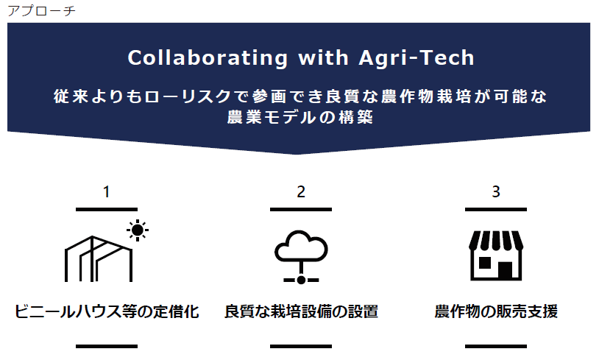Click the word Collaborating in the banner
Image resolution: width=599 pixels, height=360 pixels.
208,58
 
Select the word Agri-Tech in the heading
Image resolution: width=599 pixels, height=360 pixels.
417,58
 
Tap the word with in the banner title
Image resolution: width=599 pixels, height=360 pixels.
323,57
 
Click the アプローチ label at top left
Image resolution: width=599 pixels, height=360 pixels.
42,11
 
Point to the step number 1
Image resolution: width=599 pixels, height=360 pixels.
107,192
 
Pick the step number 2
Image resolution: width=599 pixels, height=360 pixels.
301,192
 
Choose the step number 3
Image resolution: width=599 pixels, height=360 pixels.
496,192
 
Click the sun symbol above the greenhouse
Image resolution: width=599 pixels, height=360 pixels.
138,230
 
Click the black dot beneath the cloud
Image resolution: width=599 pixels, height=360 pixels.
301,280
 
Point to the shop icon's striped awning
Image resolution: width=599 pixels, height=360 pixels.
496,240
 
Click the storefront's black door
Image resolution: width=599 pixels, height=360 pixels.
505,269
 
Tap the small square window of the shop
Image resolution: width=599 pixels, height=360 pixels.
485,263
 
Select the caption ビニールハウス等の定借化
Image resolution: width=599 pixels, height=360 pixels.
107,311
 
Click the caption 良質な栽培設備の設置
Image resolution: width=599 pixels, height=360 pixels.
301,311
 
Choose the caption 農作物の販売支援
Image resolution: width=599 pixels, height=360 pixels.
496,311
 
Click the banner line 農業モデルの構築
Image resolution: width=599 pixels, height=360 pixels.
300,117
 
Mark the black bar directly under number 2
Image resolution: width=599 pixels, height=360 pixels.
301,209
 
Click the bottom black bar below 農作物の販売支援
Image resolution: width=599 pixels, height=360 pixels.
496,346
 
